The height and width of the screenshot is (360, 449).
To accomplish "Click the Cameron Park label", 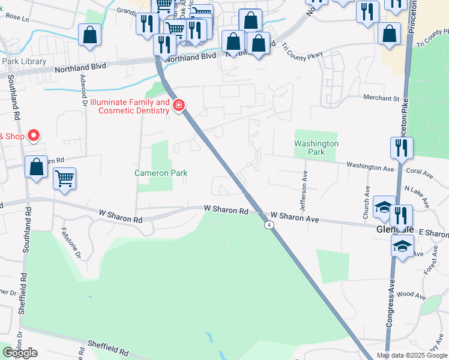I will (160, 173).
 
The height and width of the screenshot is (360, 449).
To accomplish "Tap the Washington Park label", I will (316, 148).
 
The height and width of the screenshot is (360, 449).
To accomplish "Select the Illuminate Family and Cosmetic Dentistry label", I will (125, 107).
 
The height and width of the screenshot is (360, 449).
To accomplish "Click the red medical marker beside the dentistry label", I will (178, 107).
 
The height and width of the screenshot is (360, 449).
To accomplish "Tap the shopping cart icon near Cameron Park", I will (64, 178).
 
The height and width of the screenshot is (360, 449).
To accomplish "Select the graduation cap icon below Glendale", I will (402, 245).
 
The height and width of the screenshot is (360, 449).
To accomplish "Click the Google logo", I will (20, 353).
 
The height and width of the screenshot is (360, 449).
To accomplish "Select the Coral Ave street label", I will (419, 172).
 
